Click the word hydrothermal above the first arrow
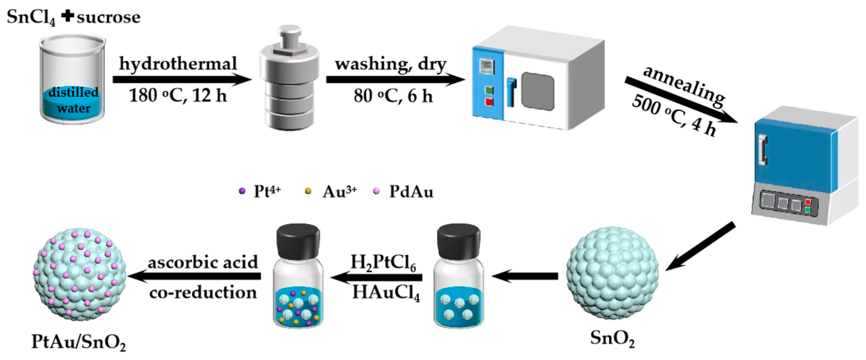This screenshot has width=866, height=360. [x=178, y=64]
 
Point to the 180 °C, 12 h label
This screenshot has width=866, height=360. [x=178, y=95]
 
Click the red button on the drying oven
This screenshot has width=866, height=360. [x=489, y=102]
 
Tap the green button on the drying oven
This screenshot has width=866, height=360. [x=489, y=90]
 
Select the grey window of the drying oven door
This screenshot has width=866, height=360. [x=538, y=91]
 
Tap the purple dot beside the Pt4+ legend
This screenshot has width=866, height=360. [x=242, y=191]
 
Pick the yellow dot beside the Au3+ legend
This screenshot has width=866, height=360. [x=308, y=191]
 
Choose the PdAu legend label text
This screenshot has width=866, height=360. [x=411, y=192]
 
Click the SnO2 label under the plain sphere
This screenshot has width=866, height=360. [x=613, y=339]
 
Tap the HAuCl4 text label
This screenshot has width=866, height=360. [x=386, y=293]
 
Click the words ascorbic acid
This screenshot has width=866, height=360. [x=203, y=262]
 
